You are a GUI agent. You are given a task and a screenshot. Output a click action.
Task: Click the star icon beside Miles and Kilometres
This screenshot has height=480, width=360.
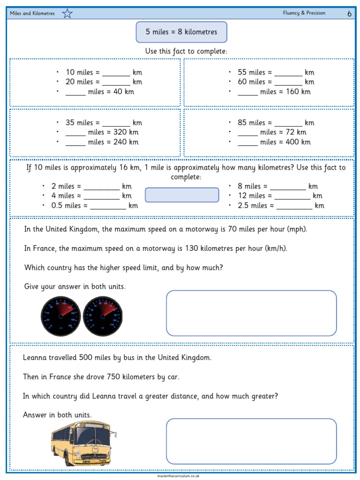click(x=67, y=14)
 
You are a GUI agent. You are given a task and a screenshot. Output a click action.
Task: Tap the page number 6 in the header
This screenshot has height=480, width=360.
click(x=349, y=14)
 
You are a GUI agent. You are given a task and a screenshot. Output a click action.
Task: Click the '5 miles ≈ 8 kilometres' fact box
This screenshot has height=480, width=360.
click(x=181, y=32)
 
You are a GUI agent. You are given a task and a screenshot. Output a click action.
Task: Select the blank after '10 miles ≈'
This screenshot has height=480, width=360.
click(x=115, y=73)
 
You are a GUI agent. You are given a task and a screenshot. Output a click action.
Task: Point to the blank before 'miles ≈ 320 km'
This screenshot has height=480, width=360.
click(x=75, y=133)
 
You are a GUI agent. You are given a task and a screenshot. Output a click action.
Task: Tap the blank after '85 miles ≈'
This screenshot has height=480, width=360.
click(x=288, y=124)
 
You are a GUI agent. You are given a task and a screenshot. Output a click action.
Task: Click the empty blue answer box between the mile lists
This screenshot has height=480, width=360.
click(x=182, y=195)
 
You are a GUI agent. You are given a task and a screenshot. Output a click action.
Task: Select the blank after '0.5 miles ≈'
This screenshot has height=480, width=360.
click(x=108, y=207)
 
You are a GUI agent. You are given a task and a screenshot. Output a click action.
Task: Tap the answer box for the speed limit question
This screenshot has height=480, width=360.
click(x=251, y=313)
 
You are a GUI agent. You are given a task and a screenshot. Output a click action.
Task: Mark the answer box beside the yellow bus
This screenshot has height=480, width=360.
click(x=251, y=441)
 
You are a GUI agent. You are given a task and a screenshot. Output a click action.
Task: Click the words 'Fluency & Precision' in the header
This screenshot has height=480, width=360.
click(x=304, y=13)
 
